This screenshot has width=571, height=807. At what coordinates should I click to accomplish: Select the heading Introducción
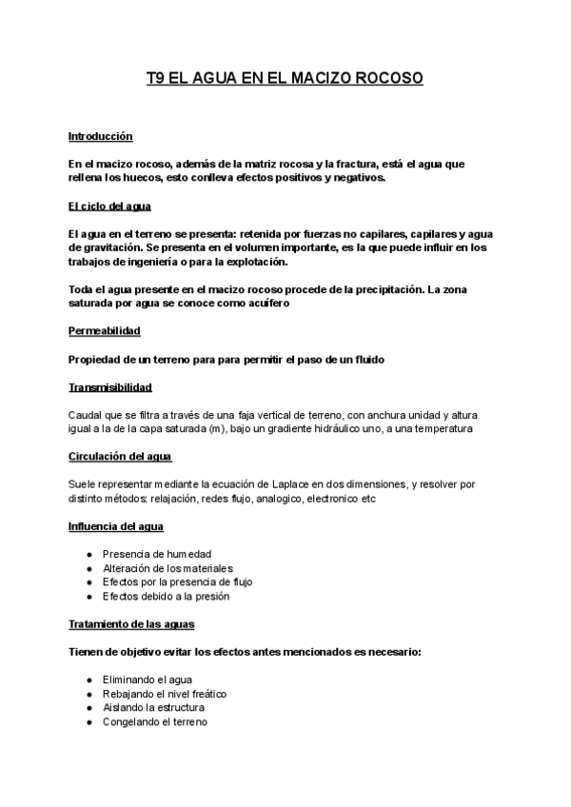coord(101,136)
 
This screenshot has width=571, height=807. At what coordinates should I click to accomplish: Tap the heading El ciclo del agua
coord(110,206)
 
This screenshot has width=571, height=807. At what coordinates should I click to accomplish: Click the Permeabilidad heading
coord(105,330)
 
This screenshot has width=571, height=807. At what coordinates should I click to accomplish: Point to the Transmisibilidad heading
coord(110,387)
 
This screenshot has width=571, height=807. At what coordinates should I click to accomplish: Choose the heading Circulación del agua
coord(120,456)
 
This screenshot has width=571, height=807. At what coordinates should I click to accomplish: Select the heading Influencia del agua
coord(114,525)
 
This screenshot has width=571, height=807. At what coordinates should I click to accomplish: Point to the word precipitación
coord(374,288)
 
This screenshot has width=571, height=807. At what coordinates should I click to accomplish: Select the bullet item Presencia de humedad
coord(157,553)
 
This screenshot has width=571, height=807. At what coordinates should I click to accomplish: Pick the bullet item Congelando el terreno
coord(155,721)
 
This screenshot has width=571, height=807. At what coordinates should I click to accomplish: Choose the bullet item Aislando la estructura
coord(153,707)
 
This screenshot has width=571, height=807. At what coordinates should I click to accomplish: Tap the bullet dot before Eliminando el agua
coord(89,679)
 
